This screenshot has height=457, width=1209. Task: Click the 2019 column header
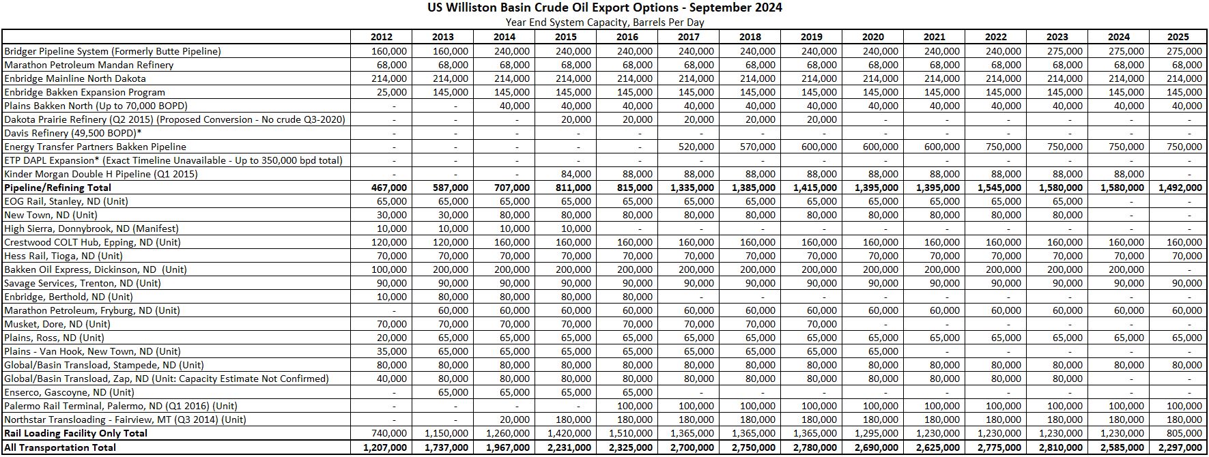(x=811, y=37)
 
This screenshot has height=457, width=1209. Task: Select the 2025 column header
(x=1178, y=37)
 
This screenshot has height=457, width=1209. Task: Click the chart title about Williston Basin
(x=604, y=8)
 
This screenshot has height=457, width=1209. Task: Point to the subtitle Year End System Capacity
(x=604, y=22)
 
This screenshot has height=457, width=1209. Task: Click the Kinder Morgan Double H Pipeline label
(x=101, y=174)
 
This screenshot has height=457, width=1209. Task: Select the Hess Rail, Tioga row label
(x=63, y=256)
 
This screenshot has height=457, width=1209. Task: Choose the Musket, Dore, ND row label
(x=57, y=324)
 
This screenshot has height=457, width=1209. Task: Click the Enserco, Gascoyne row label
(x=69, y=392)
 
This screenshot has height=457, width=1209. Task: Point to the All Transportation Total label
(x=60, y=447)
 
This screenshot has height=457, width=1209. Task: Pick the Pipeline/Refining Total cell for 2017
(x=689, y=188)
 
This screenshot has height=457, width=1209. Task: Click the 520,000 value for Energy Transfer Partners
(x=696, y=147)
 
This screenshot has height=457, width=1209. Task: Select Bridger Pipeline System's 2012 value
(x=389, y=51)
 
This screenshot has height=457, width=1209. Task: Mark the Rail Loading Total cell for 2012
(x=389, y=433)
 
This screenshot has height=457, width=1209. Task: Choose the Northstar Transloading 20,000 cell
(x=514, y=419)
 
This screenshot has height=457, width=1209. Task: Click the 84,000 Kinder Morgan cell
(x=575, y=174)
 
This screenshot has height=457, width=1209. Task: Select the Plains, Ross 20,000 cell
(x=392, y=338)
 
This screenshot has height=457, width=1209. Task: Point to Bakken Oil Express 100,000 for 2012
(x=389, y=269)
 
